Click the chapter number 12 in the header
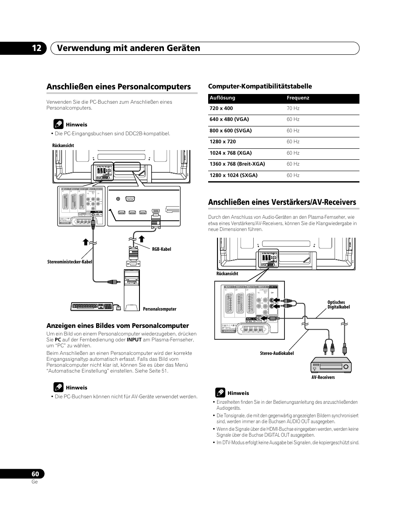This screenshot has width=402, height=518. click(x=36, y=48)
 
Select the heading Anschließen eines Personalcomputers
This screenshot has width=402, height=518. click(x=119, y=86)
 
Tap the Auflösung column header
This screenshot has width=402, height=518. click(x=222, y=98)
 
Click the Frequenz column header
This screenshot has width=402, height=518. click(x=298, y=98)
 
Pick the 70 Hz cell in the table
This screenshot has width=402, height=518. click(x=293, y=108)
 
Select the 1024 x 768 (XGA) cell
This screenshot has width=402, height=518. click(x=230, y=153)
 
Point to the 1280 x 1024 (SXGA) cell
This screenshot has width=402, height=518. click(x=233, y=175)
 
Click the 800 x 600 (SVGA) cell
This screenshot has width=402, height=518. click(x=230, y=131)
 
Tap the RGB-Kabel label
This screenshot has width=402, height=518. click(x=161, y=249)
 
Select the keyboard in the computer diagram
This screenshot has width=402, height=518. click(x=92, y=306)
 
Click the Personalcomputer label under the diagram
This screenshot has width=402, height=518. click(x=159, y=309)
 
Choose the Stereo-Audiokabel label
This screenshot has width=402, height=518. click(x=276, y=353)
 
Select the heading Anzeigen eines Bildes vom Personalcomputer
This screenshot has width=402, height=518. click(x=118, y=325)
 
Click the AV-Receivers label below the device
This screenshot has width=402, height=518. click(x=323, y=377)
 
